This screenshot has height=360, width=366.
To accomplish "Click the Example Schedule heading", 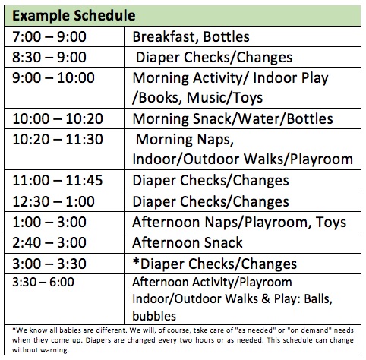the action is pos(74,15).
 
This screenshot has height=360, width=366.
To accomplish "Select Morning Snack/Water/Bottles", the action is pos(232,118).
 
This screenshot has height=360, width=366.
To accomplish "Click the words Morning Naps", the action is pos(185,140).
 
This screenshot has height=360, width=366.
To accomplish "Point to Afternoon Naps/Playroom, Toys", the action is pos(239,223).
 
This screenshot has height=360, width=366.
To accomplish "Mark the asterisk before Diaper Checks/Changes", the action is pos(136,261).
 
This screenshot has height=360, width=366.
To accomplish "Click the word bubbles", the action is pos(154,316).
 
